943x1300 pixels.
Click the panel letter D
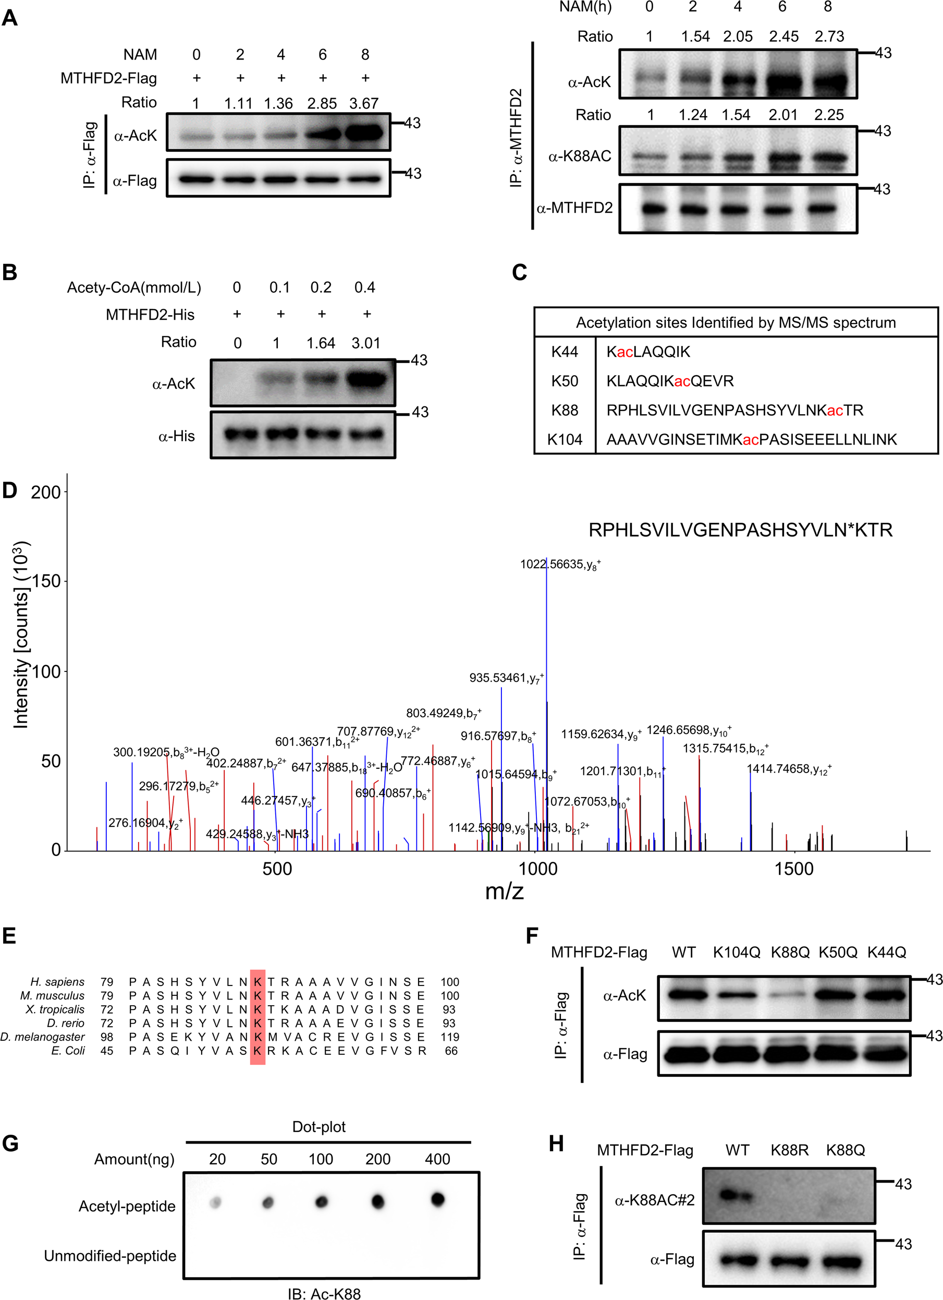pos(10,491)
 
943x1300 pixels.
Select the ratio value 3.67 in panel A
pos(364,104)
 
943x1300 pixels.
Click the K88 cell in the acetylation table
pos(565,411)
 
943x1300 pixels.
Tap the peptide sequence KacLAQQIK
pos(648,352)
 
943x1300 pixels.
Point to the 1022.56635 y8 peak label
pos(560,564)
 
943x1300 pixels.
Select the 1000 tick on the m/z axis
pos(537,869)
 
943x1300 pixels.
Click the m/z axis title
pos(504,892)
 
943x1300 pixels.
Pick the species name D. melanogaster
pos(42,1037)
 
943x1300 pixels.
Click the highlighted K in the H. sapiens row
pos(258,982)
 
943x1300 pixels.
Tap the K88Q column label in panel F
pos(790,953)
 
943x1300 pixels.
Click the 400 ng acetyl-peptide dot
pos(438,1199)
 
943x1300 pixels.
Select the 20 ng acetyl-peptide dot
pos(215,1202)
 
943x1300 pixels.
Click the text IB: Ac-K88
pos(324,1293)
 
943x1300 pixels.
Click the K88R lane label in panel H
pos(789,1150)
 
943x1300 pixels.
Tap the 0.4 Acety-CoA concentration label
pos(364,288)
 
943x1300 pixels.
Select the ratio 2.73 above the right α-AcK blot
pos(829,37)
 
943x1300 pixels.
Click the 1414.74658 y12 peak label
pos(788,769)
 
